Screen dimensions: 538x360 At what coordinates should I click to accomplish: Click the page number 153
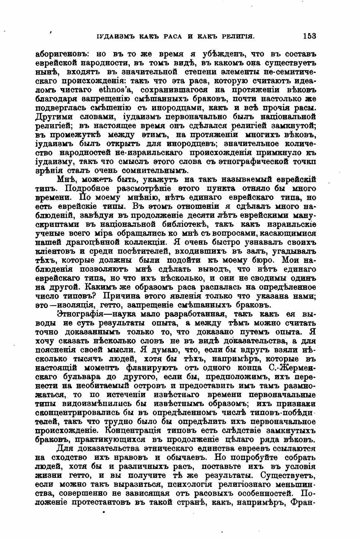[309, 36]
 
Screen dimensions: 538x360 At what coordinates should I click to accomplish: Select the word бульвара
[82, 377]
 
